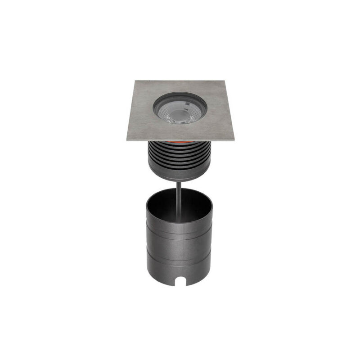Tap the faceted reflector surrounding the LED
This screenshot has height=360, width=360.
pyautogui.click(x=189, y=115)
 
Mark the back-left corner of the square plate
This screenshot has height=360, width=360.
pyautogui.click(x=135, y=81)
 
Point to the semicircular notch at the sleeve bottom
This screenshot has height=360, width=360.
pyautogui.click(x=185, y=281)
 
